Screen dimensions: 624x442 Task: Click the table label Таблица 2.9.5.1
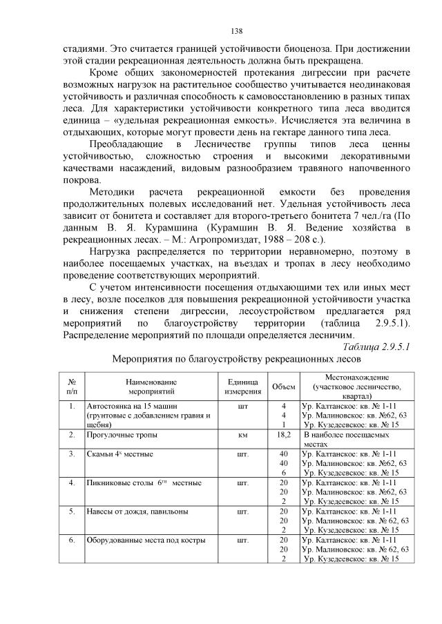tap(377, 347)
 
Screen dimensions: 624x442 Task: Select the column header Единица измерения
tap(242, 387)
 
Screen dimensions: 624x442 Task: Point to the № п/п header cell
tap(72, 387)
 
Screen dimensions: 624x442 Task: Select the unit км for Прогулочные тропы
tap(242, 436)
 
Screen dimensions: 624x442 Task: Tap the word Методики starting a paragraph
tap(113, 190)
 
